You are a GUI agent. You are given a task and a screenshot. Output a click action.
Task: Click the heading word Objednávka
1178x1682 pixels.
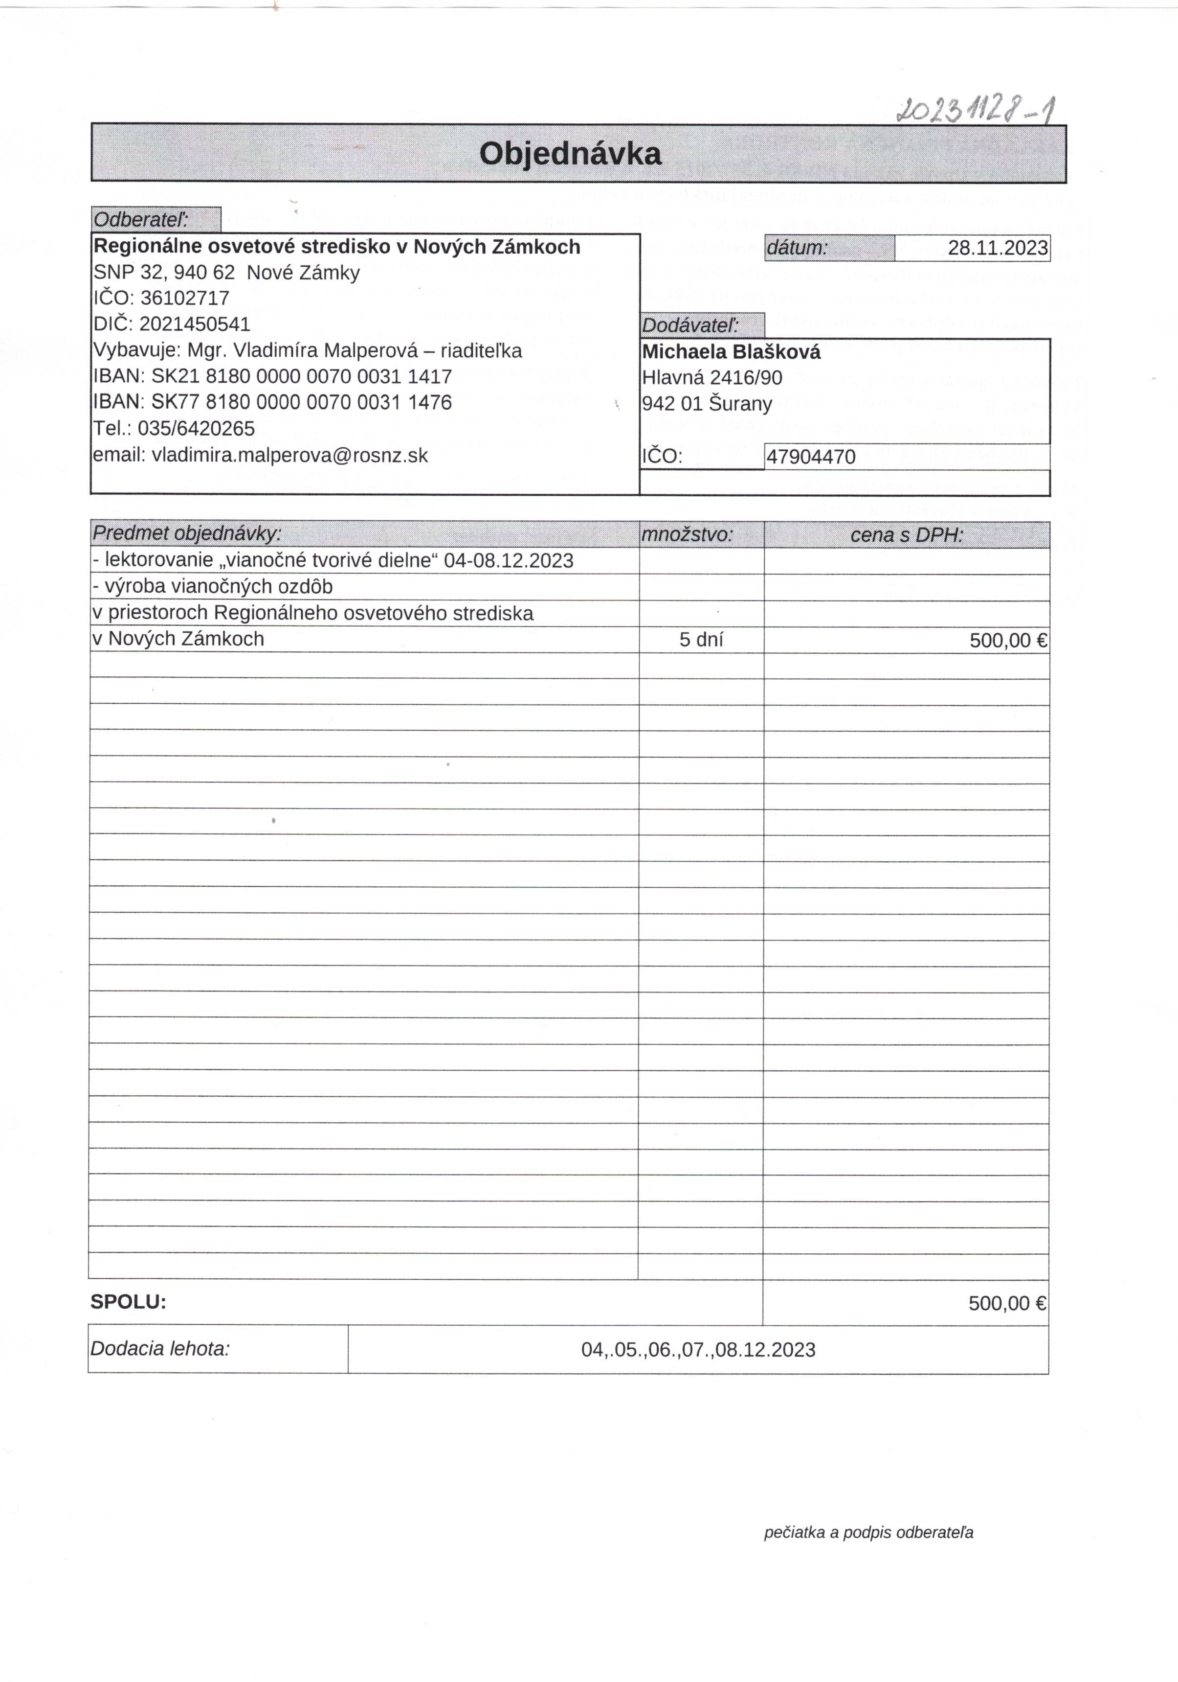(x=570, y=154)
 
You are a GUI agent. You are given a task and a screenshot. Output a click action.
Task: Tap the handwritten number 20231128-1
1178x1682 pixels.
(x=977, y=110)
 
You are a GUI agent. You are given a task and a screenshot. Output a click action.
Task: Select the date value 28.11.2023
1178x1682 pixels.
(x=997, y=248)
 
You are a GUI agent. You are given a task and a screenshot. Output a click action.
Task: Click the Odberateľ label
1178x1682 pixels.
(x=141, y=219)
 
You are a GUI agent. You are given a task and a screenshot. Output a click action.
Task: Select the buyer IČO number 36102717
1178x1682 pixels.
(x=184, y=298)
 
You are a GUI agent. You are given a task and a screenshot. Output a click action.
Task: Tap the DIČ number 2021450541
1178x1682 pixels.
(x=195, y=324)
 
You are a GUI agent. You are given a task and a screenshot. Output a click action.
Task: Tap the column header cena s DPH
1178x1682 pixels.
(x=907, y=535)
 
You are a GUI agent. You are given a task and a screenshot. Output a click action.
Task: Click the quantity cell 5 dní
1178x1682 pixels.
(x=701, y=640)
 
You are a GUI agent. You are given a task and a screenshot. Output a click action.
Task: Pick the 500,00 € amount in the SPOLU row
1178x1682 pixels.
(x=1007, y=1303)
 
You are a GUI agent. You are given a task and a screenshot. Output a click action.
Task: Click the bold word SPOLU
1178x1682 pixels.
(x=128, y=1302)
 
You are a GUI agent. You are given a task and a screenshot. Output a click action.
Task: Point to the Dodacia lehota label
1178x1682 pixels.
(x=159, y=1349)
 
